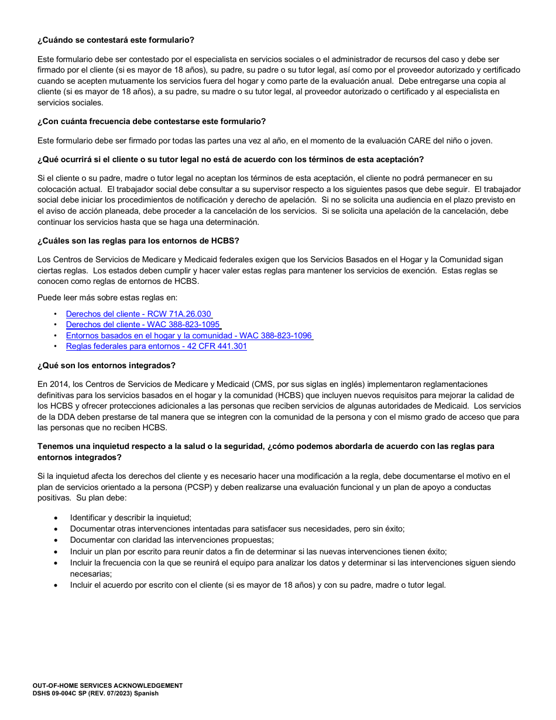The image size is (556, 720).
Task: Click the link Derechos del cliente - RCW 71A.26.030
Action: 139,314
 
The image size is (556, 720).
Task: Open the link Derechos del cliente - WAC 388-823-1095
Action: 143,324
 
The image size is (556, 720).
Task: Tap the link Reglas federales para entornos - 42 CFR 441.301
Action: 156,346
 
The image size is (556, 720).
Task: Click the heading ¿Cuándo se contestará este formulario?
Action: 116,40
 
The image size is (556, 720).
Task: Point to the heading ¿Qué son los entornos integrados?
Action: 107,365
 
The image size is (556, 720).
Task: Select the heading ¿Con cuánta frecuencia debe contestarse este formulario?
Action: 152,121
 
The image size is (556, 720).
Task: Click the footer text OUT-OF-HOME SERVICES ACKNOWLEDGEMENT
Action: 108,685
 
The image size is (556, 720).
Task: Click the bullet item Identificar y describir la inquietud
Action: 131,517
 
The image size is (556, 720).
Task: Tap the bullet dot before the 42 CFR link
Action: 55,346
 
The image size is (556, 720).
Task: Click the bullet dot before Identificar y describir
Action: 56,518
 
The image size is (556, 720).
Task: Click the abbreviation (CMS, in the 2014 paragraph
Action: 266,384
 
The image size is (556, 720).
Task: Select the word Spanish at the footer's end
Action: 147,693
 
